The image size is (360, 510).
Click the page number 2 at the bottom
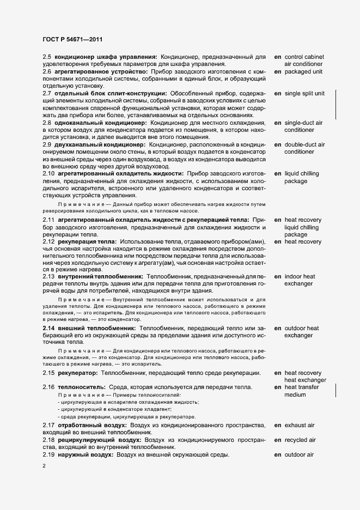(45, 466)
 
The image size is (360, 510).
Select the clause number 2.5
(47, 57)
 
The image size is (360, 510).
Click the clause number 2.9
(47, 144)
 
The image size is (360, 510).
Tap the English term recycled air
(301, 439)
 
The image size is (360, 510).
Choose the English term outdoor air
(300, 454)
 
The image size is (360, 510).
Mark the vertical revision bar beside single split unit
(335, 104)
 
